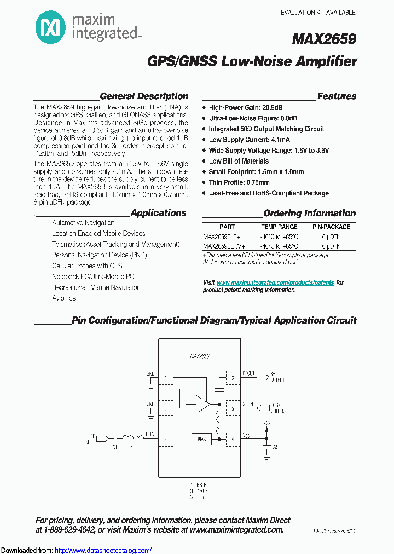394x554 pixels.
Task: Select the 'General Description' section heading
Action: click(144, 96)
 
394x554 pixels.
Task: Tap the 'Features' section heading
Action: click(337, 96)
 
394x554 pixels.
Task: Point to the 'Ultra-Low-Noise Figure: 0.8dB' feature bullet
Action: click(253, 118)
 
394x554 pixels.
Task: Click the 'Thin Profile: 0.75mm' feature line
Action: click(239, 182)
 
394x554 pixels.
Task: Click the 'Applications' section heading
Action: click(158, 213)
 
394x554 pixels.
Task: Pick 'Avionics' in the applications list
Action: click(64, 298)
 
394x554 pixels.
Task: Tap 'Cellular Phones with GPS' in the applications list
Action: click(87, 266)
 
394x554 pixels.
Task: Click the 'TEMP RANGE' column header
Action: click(279, 227)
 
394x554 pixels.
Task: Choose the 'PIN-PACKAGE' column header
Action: click(332, 227)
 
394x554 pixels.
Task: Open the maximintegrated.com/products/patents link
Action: click(275, 282)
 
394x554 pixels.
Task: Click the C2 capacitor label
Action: click(275, 447)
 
